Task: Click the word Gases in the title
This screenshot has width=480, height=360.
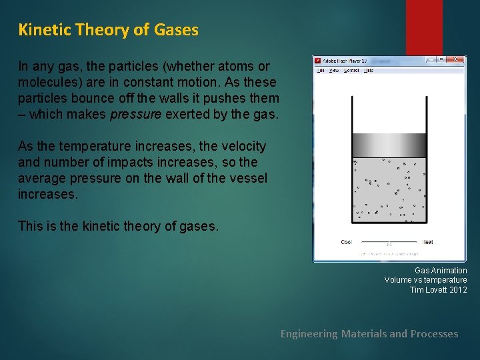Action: click(176, 30)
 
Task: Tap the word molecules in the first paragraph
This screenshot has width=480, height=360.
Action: click(49, 82)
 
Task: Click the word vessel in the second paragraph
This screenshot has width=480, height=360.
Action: click(249, 178)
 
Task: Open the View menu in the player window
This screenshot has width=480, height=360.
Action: click(334, 70)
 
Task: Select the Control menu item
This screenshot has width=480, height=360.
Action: click(351, 70)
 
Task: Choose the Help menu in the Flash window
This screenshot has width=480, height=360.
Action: click(369, 70)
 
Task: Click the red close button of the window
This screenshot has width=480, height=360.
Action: click(455, 59)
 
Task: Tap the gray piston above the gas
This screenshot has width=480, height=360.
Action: click(389, 145)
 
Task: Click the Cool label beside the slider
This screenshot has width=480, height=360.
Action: click(347, 242)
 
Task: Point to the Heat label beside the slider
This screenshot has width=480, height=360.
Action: click(428, 242)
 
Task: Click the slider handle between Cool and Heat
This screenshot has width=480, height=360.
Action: click(389, 243)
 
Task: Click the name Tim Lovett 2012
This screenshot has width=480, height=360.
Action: click(438, 289)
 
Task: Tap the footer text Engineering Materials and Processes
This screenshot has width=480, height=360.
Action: click(369, 333)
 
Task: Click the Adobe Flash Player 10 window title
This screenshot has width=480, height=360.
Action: click(345, 59)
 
